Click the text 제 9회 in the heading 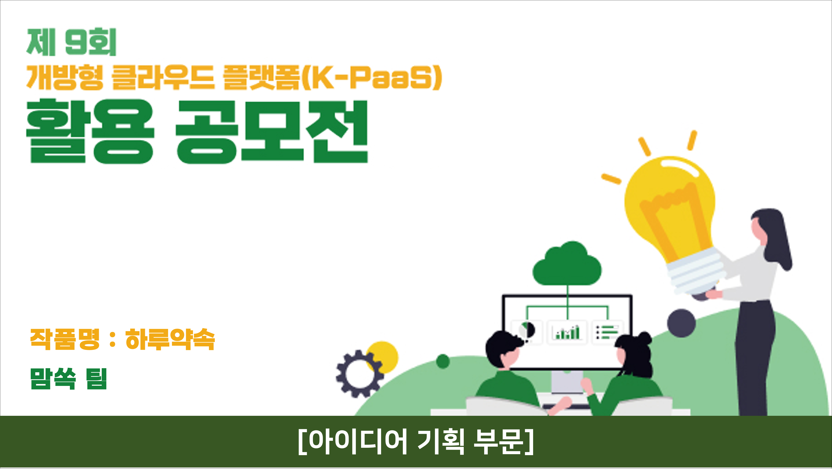[x=71, y=42]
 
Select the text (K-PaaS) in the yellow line [x=372, y=77]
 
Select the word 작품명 [x=64, y=340]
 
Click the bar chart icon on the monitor [x=568, y=332]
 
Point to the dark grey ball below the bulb [x=681, y=323]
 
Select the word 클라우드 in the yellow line [x=163, y=77]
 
